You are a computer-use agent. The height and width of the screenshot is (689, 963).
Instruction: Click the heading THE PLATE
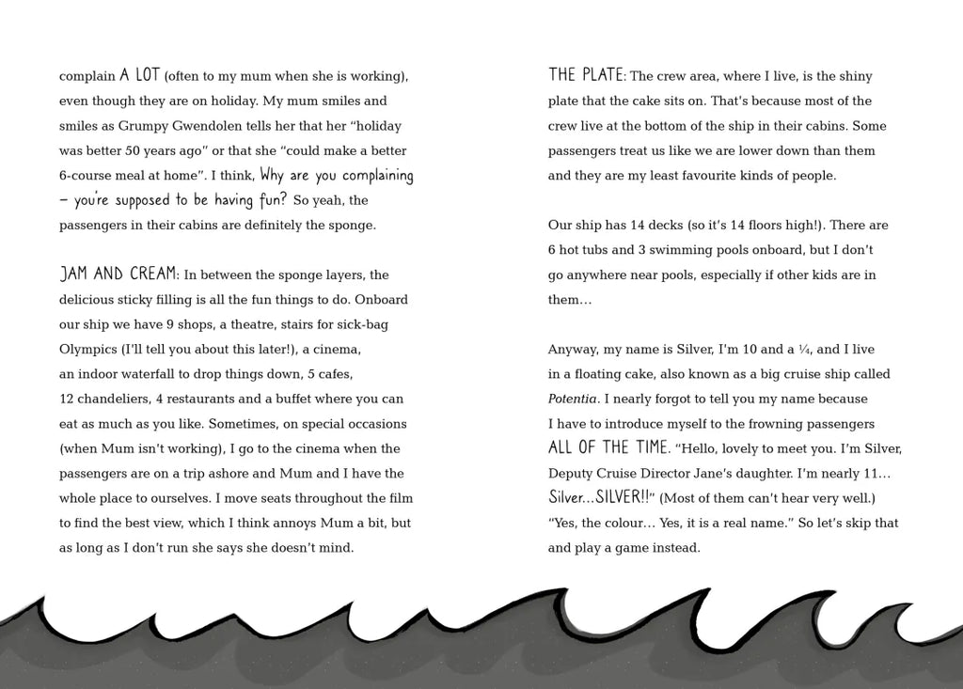point(585,75)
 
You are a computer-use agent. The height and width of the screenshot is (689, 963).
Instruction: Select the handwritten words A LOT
point(139,75)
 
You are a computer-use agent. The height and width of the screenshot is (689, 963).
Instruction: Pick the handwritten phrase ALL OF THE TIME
point(608,447)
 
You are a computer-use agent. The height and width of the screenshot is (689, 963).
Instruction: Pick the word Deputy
point(570,473)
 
